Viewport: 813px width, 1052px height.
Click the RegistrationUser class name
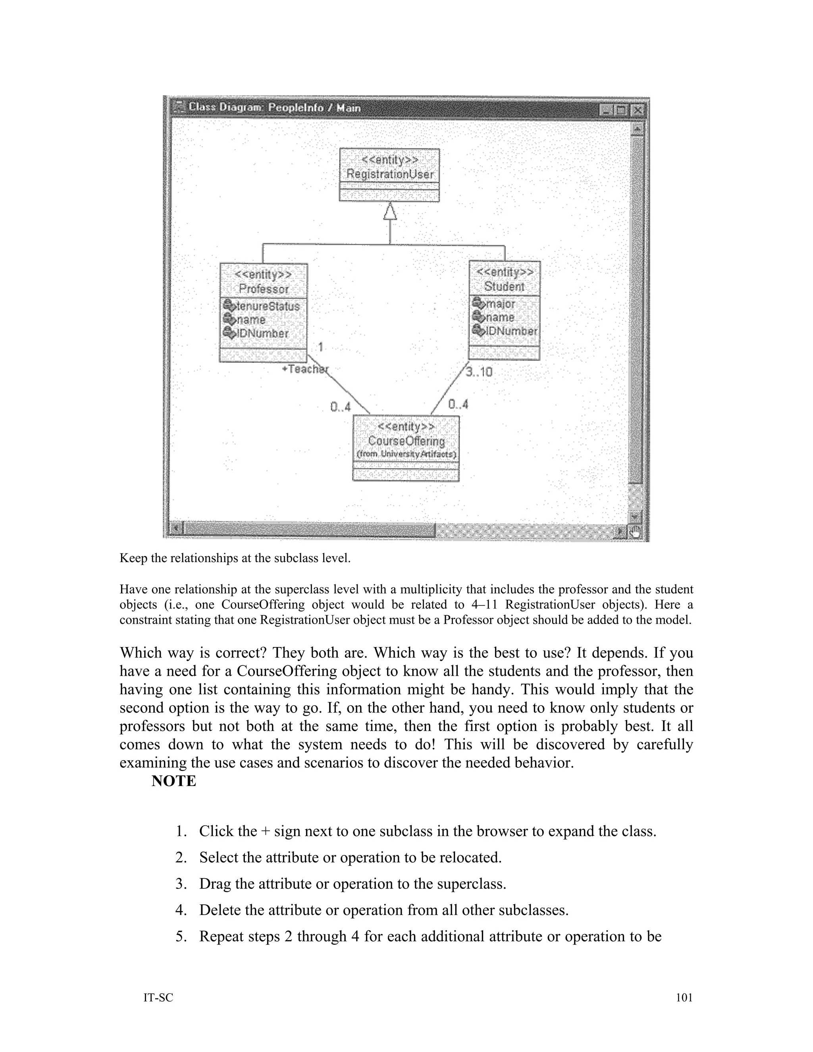coord(390,174)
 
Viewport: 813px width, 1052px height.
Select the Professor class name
coord(264,289)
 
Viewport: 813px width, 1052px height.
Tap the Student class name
coord(504,287)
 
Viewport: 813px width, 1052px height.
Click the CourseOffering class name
coord(406,441)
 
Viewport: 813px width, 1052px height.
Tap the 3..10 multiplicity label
coord(479,372)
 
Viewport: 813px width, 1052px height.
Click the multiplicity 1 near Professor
coord(321,347)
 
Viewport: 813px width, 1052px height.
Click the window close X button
coord(637,110)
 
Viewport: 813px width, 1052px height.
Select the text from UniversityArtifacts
coord(406,454)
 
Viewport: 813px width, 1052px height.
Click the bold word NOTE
coord(173,781)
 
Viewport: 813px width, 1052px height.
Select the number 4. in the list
coord(181,910)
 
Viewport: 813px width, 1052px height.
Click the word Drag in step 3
coord(213,884)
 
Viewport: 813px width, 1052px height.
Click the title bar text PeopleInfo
coord(296,108)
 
